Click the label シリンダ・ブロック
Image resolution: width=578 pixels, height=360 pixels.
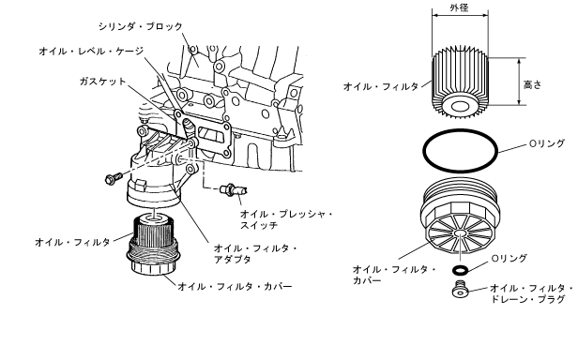point(141,27)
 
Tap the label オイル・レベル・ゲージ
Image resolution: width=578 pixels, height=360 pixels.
point(91,52)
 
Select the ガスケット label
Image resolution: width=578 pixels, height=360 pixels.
point(103,81)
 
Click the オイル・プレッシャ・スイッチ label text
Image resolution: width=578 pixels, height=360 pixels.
point(286,219)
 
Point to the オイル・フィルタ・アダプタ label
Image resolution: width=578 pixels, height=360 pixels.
point(255,254)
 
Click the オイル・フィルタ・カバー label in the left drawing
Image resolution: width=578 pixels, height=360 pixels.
point(236,286)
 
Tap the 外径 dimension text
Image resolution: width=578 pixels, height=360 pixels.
point(460,7)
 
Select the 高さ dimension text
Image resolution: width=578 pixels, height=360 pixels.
point(533,84)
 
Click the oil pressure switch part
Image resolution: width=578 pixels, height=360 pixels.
point(234,189)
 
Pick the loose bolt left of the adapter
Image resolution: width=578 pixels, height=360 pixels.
point(114,178)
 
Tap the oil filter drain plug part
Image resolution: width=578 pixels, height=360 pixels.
point(460,289)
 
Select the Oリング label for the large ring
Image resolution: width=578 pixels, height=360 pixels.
point(547,143)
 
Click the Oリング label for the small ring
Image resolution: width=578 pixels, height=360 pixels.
point(510,259)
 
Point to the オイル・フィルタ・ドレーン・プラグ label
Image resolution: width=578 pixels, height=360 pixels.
point(531,293)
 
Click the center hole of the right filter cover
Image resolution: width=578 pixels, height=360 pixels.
point(460,233)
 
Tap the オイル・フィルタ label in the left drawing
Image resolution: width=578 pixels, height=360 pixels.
point(72,242)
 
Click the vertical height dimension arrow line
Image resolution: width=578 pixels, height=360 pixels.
point(520,82)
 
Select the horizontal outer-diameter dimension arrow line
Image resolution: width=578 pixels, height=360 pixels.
point(460,16)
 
